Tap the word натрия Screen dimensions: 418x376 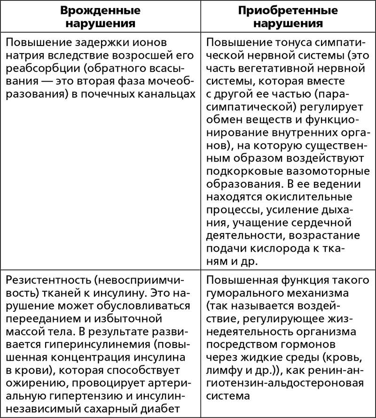(24, 56)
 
